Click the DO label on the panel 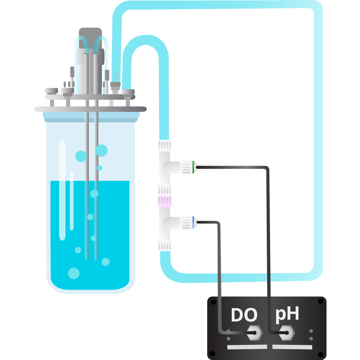244,315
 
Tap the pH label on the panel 287,314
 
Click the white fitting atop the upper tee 165,145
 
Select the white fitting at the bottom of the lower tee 165,246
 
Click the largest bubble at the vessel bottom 74,273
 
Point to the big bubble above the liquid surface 102,150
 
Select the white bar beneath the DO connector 247,347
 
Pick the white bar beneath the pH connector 292,347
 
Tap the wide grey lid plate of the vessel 90,109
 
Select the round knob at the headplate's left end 51,90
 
